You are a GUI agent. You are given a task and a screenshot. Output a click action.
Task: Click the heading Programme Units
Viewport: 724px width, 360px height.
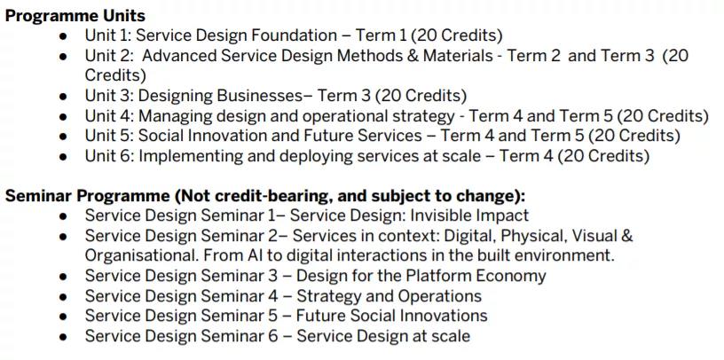(x=75, y=16)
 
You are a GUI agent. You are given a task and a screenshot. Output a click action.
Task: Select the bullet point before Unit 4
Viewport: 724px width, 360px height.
(x=63, y=117)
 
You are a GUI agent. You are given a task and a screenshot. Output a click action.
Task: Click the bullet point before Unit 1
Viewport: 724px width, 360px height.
(x=63, y=36)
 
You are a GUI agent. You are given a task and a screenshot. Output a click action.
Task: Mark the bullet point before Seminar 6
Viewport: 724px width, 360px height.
(x=63, y=337)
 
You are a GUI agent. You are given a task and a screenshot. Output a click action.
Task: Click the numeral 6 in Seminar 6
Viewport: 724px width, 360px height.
(x=273, y=336)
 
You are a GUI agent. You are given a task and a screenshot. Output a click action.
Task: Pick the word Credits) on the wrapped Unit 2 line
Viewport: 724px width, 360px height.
(x=115, y=75)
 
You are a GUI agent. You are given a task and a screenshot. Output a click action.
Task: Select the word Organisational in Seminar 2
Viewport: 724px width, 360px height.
(x=142, y=256)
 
